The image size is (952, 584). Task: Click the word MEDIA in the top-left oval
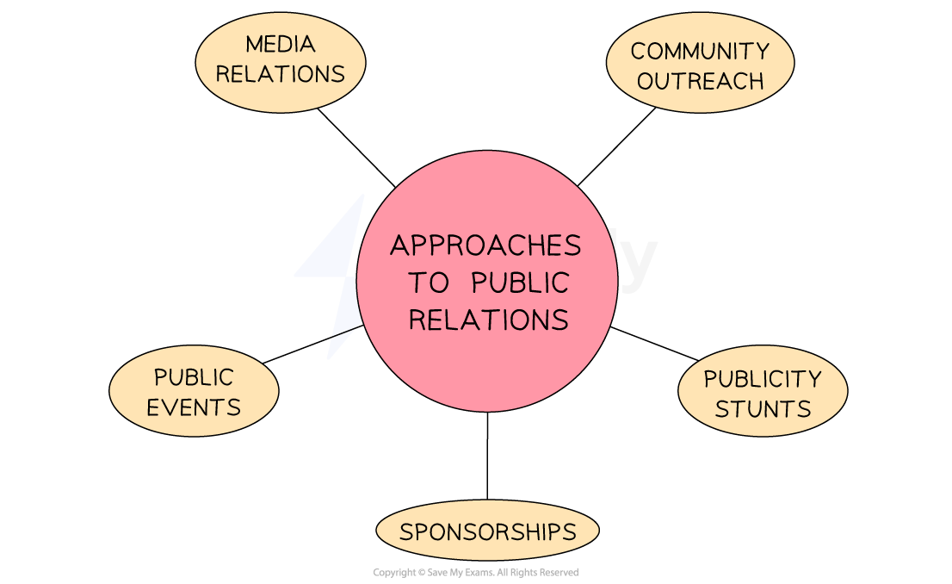(281, 44)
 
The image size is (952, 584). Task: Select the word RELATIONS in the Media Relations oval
(281, 74)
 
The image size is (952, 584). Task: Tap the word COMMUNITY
(700, 51)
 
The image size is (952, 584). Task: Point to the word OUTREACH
(701, 81)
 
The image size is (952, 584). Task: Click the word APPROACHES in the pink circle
(486, 246)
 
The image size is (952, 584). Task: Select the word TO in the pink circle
(428, 283)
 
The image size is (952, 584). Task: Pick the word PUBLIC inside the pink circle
(521, 283)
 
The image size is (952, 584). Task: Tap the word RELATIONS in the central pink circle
(488, 320)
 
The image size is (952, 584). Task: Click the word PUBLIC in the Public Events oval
(194, 377)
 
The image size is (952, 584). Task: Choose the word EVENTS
(194, 407)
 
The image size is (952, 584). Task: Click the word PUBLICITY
(763, 379)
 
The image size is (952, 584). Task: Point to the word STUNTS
(763, 408)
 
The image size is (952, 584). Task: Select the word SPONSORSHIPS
(487, 531)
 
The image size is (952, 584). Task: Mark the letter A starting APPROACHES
(399, 246)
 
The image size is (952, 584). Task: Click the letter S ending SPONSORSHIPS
(569, 531)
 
